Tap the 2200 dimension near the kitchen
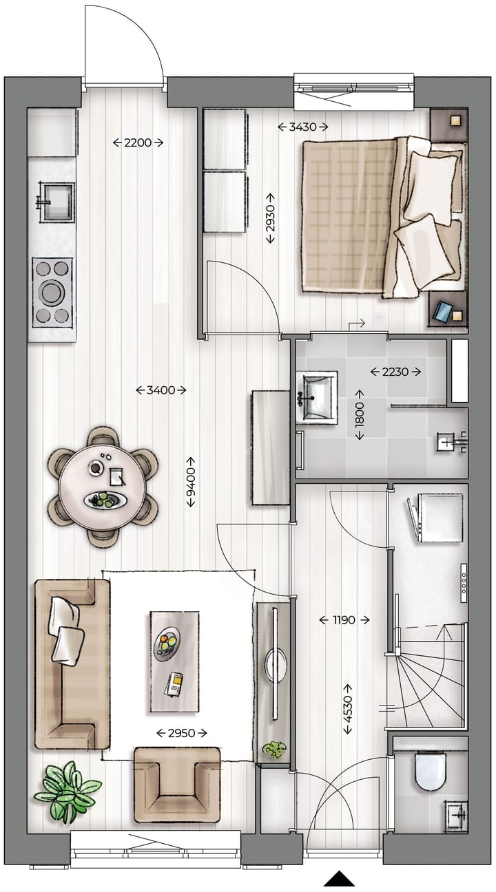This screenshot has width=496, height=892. (138, 143)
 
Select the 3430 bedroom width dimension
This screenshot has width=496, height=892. (303, 127)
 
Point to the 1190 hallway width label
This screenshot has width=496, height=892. (344, 620)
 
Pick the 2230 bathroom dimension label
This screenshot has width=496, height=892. (395, 372)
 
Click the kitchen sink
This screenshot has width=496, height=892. (55, 201)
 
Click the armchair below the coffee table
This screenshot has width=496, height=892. (177, 785)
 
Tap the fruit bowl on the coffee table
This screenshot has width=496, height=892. (166, 644)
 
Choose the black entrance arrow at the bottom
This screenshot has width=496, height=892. (339, 879)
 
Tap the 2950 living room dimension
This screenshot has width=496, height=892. (182, 733)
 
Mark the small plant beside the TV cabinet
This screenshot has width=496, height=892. (275, 749)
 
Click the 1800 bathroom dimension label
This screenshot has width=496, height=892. (360, 421)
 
